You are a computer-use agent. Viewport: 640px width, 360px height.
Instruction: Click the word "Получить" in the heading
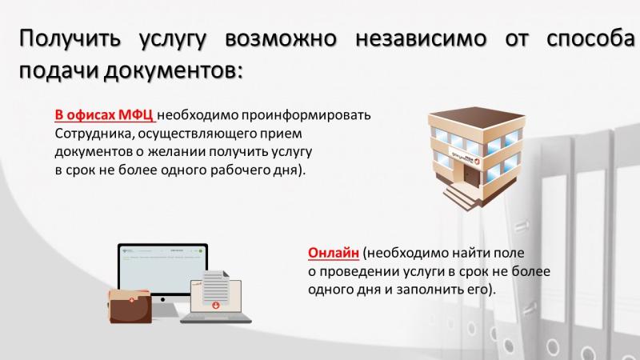click(x=70, y=38)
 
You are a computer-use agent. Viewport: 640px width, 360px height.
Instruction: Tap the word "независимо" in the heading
click(x=421, y=38)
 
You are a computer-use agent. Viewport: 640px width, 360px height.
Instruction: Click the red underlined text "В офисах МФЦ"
click(x=104, y=115)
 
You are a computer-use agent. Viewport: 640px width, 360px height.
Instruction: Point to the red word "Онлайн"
click(x=334, y=253)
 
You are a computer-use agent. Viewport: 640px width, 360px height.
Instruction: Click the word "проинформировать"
click(x=306, y=115)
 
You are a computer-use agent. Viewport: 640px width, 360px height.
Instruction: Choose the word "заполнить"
click(x=430, y=290)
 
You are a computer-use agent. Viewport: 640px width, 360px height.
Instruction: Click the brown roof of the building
click(x=476, y=116)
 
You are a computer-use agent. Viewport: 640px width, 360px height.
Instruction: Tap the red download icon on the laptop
click(x=216, y=305)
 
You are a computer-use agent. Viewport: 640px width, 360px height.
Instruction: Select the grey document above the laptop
click(x=215, y=286)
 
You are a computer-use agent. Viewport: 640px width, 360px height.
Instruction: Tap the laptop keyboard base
click(x=216, y=318)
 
